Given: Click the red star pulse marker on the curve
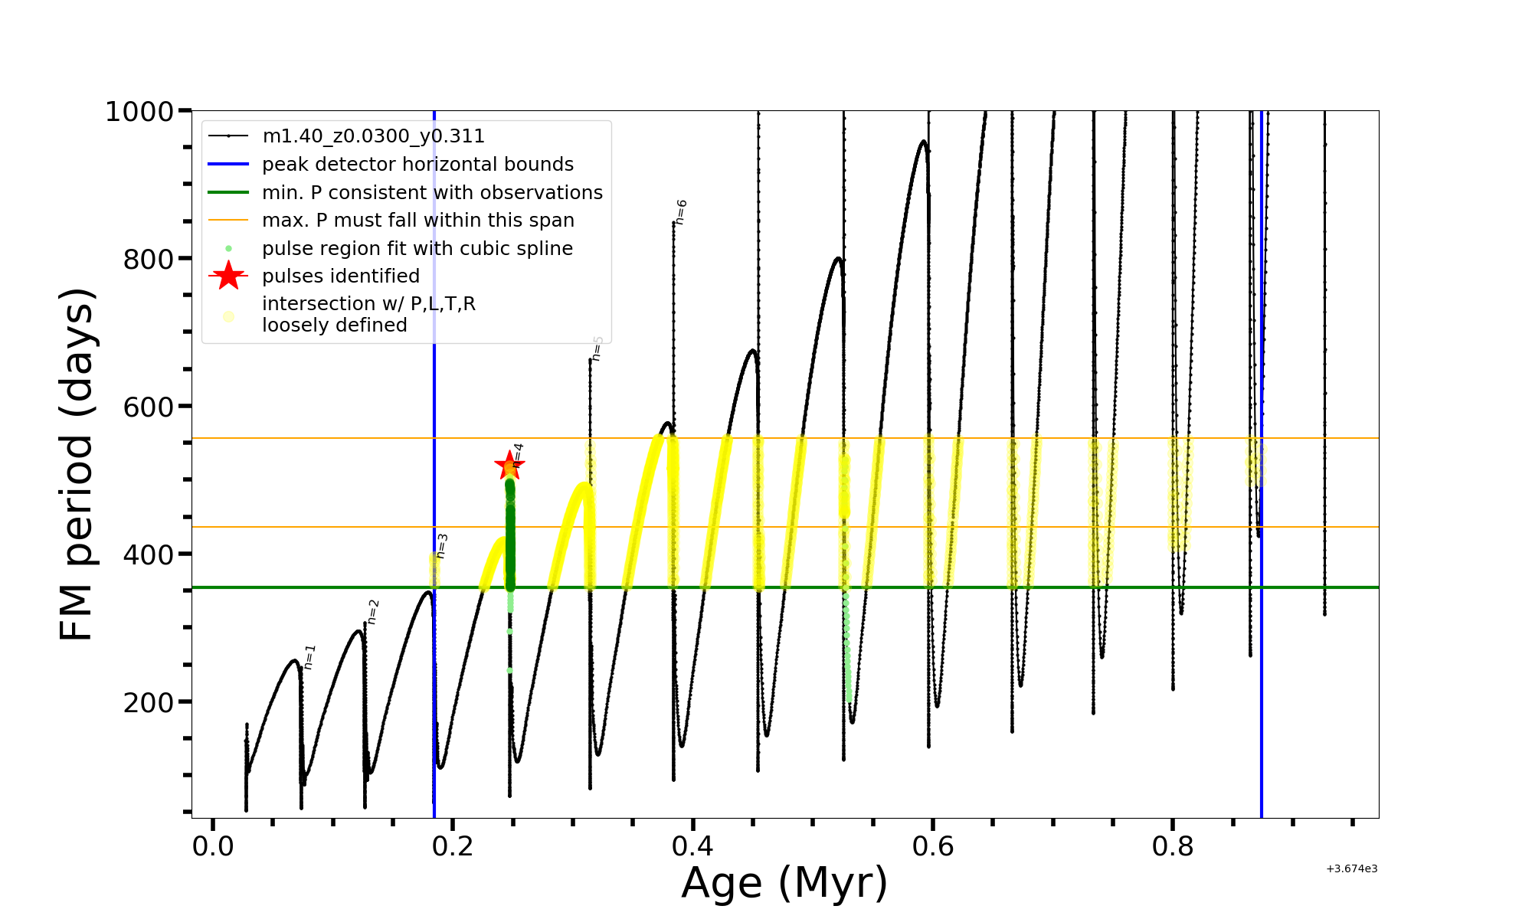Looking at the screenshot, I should (x=509, y=465).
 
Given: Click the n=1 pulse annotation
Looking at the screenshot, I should (x=309, y=657).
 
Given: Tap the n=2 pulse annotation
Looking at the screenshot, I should (x=373, y=612).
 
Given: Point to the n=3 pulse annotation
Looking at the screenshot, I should (x=442, y=546).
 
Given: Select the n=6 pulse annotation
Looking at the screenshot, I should (x=681, y=212).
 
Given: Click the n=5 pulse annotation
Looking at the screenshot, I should (x=597, y=348).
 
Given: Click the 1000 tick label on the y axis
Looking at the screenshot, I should (x=139, y=112).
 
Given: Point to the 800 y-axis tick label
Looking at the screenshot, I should (x=149, y=260).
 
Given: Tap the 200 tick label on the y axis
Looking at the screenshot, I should (x=149, y=702).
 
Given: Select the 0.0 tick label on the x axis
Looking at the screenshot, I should (x=213, y=846).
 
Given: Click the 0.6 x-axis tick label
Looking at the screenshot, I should (x=932, y=846).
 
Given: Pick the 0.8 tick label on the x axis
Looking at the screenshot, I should (x=1172, y=846).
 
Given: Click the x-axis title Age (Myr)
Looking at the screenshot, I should (x=784, y=883).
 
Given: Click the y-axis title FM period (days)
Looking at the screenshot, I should (x=77, y=464).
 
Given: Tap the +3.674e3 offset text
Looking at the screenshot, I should (x=1351, y=868).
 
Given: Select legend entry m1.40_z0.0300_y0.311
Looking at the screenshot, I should (x=373, y=136).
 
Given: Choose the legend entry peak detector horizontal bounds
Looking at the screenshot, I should (x=417, y=165).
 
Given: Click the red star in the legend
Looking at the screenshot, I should (x=228, y=276).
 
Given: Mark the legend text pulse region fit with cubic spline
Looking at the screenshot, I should (x=417, y=249).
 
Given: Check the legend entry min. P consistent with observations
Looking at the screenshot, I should (x=432, y=193).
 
